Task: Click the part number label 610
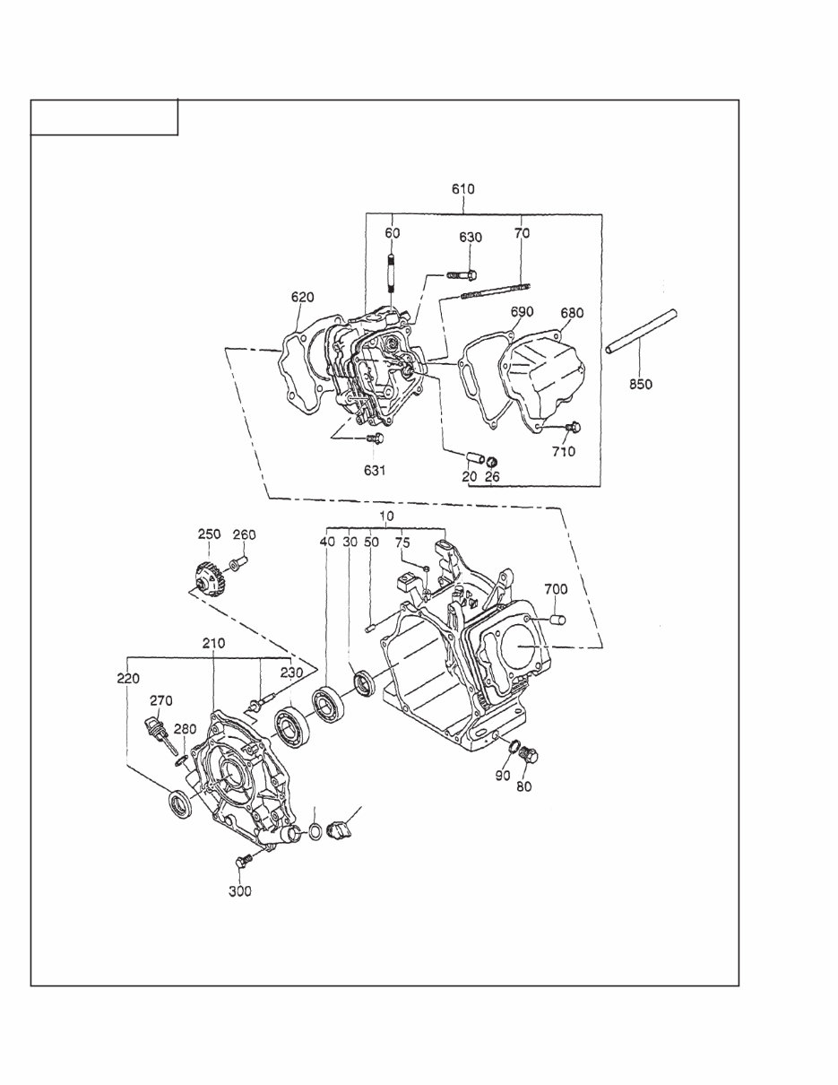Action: (x=462, y=189)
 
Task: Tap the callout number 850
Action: (x=640, y=385)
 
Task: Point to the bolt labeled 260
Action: (x=238, y=564)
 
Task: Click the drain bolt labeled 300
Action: (x=241, y=863)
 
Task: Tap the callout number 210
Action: (x=213, y=644)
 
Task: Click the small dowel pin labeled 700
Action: (x=557, y=619)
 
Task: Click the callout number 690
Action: (x=522, y=312)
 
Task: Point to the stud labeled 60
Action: (x=392, y=273)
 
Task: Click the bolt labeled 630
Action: (x=462, y=273)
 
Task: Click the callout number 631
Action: (x=375, y=471)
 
